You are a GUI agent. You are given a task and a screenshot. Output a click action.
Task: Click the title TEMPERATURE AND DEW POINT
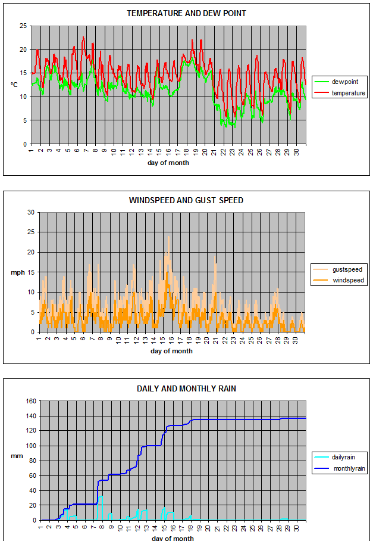click(186, 14)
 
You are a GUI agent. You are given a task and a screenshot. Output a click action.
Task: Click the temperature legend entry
click(340, 93)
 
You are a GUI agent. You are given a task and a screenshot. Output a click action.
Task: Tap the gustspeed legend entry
click(338, 269)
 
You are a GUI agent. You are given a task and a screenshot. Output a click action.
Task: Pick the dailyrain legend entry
click(335, 457)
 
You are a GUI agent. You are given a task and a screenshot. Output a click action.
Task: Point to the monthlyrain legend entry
click(340, 468)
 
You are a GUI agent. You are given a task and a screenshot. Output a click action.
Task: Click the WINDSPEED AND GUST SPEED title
click(186, 200)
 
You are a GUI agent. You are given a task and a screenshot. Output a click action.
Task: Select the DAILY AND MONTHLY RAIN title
click(186, 389)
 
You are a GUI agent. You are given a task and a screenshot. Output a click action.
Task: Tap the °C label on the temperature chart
click(14, 85)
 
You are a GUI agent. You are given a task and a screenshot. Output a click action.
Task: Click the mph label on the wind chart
click(18, 272)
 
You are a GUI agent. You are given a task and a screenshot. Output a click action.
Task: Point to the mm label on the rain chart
click(17, 456)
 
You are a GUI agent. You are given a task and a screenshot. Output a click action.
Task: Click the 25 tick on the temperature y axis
click(23, 26)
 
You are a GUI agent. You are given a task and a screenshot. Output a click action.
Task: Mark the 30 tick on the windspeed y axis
click(31, 213)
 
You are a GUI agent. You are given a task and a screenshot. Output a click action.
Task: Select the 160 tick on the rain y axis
click(31, 401)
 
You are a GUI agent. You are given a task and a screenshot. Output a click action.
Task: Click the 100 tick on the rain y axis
click(31, 446)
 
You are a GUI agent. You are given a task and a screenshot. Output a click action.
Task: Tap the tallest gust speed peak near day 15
click(168, 237)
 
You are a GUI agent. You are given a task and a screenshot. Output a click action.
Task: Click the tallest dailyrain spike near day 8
click(102, 496)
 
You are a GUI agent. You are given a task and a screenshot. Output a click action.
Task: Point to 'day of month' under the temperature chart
click(168, 163)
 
